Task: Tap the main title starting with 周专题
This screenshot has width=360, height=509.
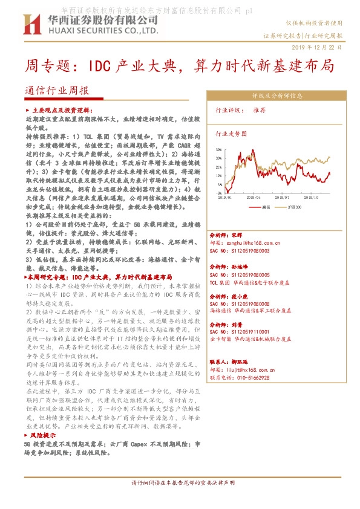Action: tap(179, 66)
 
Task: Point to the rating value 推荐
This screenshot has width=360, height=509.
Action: tap(260, 111)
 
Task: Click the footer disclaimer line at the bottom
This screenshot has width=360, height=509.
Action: tap(179, 499)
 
